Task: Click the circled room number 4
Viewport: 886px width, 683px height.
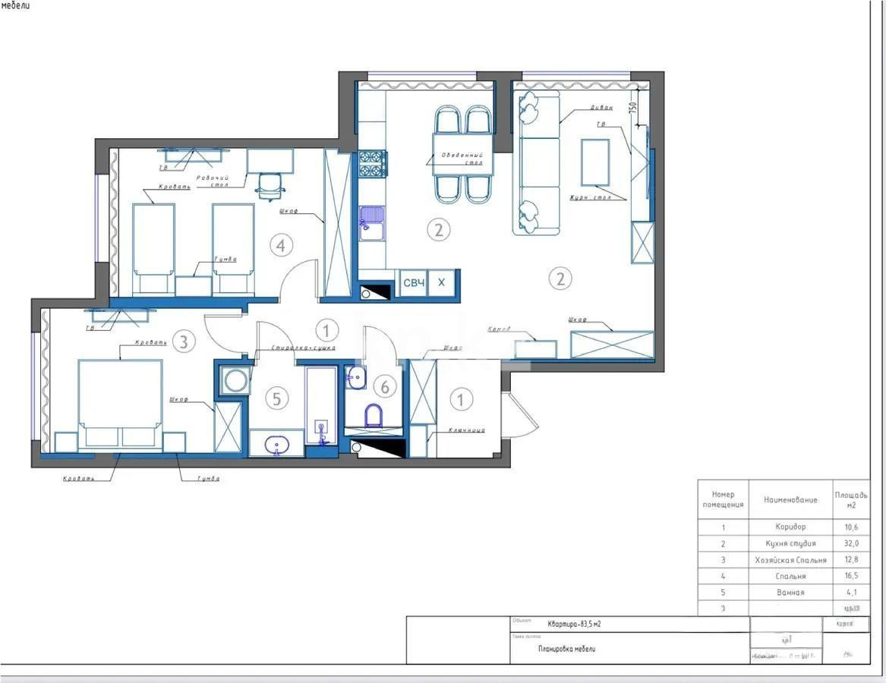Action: coord(281,245)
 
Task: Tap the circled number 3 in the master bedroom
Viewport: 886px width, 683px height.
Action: coord(183,341)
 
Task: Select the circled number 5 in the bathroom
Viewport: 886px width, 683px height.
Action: coord(277,398)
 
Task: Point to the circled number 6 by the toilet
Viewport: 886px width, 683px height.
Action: coord(385,387)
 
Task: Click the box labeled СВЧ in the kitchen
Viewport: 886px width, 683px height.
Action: coord(413,283)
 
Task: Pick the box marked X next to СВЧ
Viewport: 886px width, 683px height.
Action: coord(442,283)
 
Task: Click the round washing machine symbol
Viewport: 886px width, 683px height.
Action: coord(235,380)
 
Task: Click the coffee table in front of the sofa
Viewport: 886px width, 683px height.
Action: coord(595,162)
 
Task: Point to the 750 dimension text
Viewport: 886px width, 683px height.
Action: coord(632,107)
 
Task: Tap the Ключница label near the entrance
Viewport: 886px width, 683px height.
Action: coord(465,430)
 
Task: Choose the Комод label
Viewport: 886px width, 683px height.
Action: coord(500,329)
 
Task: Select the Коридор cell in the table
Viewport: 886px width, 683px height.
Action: coord(790,527)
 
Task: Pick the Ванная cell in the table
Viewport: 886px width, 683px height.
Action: coord(790,592)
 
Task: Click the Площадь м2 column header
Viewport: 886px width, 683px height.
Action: coord(850,499)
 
